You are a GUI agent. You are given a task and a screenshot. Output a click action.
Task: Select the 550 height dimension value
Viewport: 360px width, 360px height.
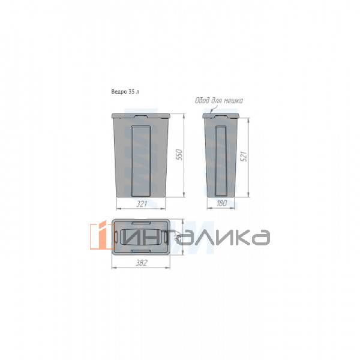click(178, 155)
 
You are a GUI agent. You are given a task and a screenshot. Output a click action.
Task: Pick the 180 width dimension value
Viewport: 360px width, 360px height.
click(221, 204)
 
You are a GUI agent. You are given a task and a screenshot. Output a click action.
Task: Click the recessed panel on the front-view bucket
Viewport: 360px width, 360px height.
click(140, 161)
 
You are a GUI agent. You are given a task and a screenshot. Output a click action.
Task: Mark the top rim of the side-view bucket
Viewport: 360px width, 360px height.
click(221, 114)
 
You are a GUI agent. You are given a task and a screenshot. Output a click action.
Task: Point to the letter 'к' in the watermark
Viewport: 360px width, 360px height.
click(235, 236)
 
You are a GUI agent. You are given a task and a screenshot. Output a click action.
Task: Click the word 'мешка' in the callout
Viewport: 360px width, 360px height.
click(232, 101)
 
